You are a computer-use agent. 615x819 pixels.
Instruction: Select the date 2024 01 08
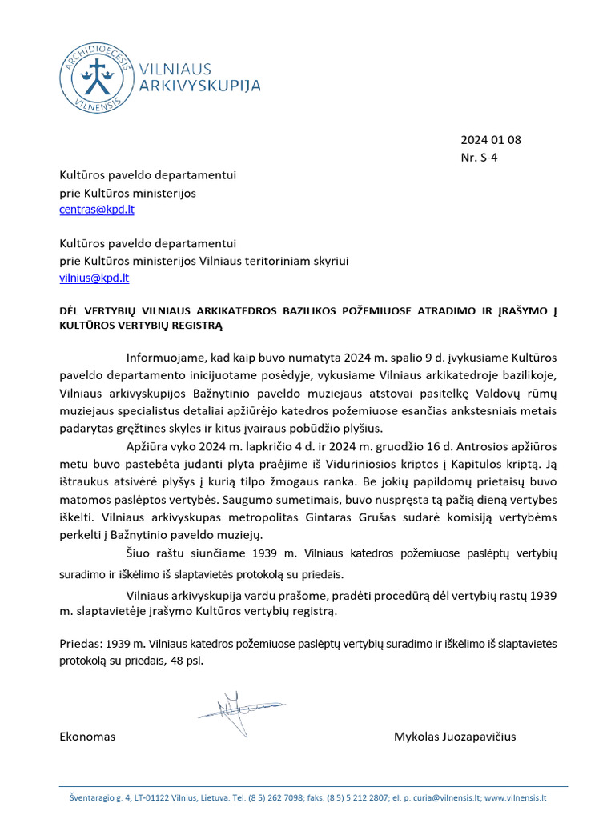click(x=490, y=140)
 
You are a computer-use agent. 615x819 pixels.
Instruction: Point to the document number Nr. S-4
click(x=479, y=158)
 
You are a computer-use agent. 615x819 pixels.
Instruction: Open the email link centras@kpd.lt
click(x=97, y=210)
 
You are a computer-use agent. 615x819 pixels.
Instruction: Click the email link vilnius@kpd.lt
click(x=94, y=278)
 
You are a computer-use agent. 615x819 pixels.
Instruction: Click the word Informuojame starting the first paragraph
click(x=167, y=357)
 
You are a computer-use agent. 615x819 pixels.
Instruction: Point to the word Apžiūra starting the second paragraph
click(x=148, y=445)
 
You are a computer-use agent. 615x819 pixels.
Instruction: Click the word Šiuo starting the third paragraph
click(x=139, y=553)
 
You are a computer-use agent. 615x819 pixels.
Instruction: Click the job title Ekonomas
click(x=88, y=737)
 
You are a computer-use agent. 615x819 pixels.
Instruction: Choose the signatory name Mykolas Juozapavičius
click(x=454, y=737)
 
